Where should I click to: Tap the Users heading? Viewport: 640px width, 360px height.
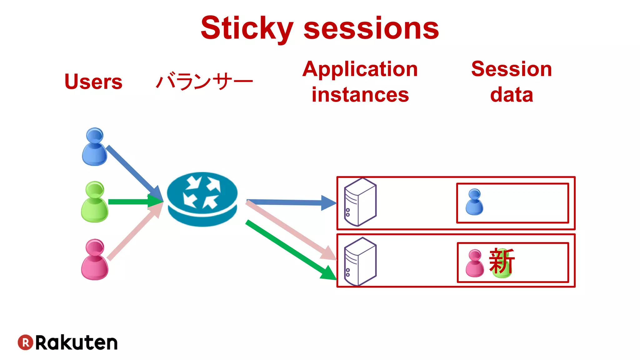point(93,82)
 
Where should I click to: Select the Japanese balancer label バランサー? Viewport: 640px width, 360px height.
point(204,82)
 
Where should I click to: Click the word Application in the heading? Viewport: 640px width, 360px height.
point(360,69)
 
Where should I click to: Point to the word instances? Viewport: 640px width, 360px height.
point(360,95)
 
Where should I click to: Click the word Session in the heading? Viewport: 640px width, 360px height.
point(512,69)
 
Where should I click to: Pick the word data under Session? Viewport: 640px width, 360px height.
point(512,95)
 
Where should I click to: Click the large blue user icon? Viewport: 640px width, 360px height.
point(94,147)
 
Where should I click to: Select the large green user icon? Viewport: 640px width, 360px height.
point(94,202)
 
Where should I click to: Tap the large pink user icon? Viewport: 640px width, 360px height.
point(94,260)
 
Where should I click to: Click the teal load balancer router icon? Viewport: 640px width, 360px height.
point(202,199)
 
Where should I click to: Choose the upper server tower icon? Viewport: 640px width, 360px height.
point(360,202)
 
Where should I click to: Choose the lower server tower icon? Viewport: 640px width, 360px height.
point(360,261)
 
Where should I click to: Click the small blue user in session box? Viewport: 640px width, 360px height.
point(474,202)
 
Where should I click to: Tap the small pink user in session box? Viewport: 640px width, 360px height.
point(474,263)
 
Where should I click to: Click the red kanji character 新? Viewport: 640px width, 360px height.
point(502,261)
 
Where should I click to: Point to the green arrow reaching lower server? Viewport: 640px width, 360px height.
point(291,250)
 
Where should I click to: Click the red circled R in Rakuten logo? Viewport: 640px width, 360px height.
point(25,342)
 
